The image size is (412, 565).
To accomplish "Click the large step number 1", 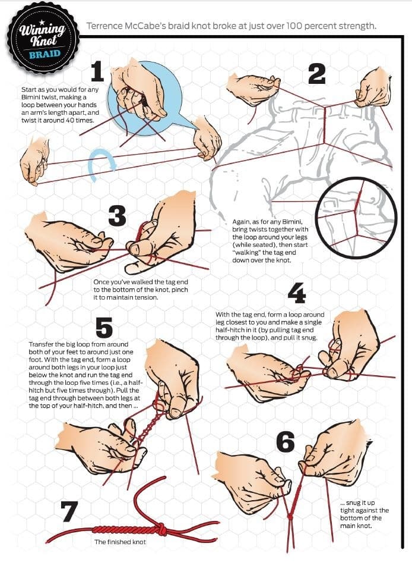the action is click(97, 72).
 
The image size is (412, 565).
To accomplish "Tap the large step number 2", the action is click(316, 74).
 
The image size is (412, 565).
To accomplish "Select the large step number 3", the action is click(118, 216).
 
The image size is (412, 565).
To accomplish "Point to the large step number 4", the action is click(297, 293).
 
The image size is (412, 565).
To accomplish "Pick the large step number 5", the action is click(104, 328).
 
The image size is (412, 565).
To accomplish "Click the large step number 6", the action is click(286, 442).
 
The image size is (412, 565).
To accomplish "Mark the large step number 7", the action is click(69, 512).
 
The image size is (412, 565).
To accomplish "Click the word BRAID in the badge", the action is click(45, 55).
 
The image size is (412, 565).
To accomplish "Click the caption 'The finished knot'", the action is click(120, 542).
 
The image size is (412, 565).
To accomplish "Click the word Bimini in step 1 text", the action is click(31, 98).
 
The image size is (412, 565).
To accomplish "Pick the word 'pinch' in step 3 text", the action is click(180, 290).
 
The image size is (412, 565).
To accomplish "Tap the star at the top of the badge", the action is click(43, 21).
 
